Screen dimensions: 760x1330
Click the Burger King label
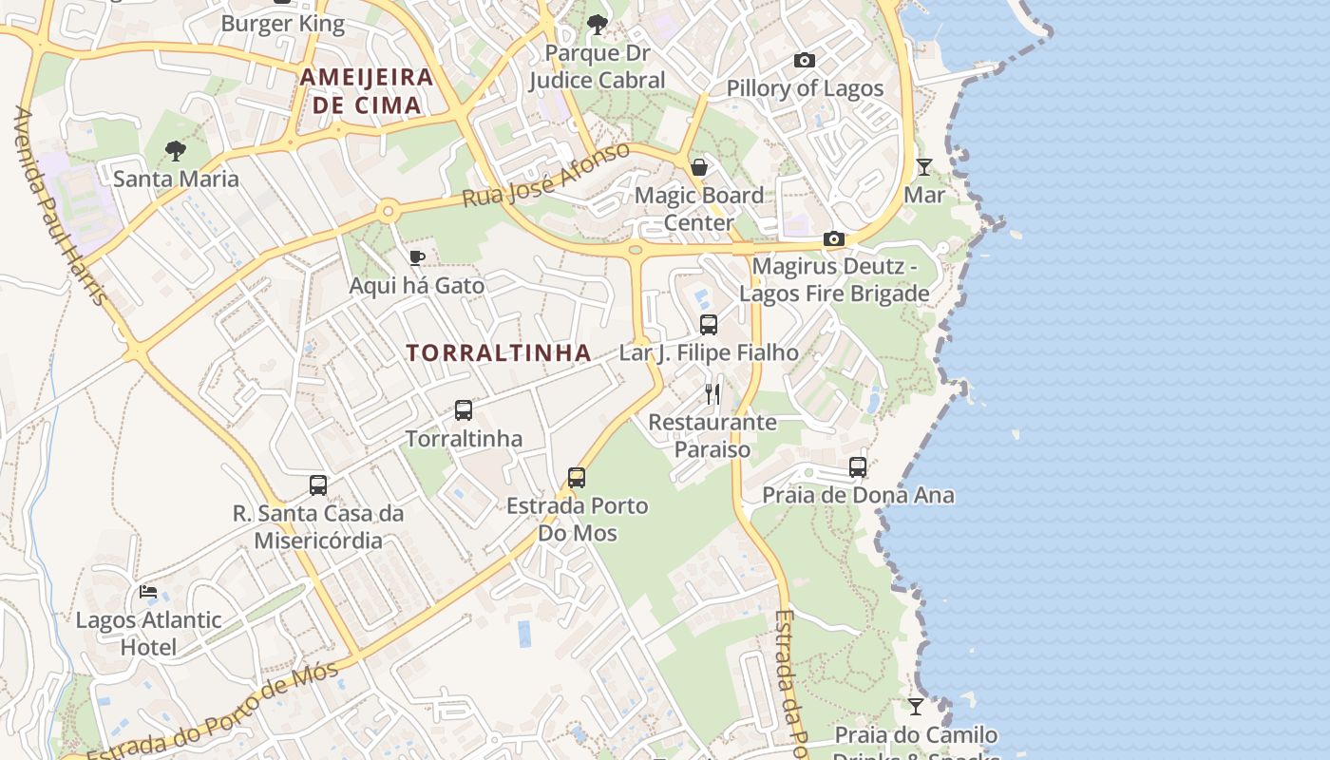(282, 24)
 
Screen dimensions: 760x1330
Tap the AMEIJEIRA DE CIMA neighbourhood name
(367, 91)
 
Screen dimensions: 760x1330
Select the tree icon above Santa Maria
(175, 150)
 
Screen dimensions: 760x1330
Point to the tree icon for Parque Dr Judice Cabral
(597, 25)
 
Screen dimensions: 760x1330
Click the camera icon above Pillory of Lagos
(805, 61)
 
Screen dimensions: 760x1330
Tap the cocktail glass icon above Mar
(923, 167)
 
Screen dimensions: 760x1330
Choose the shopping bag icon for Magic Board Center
(699, 167)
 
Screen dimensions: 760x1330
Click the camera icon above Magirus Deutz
(834, 238)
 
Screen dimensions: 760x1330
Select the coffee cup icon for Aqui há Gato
(416, 257)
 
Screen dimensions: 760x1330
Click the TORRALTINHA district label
(499, 352)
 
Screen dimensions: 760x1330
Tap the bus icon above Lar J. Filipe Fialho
(709, 325)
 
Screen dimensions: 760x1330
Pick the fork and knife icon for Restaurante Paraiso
(712, 393)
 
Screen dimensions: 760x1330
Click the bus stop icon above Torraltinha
(464, 410)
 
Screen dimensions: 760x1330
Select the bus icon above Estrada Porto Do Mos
(577, 477)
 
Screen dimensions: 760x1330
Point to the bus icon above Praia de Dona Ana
(858, 467)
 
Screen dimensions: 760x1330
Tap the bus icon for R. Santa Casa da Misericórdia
(318, 485)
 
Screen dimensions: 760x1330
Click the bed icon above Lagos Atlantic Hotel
(148, 592)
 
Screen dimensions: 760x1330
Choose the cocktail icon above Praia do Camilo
(916, 707)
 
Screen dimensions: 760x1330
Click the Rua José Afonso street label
(545, 176)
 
